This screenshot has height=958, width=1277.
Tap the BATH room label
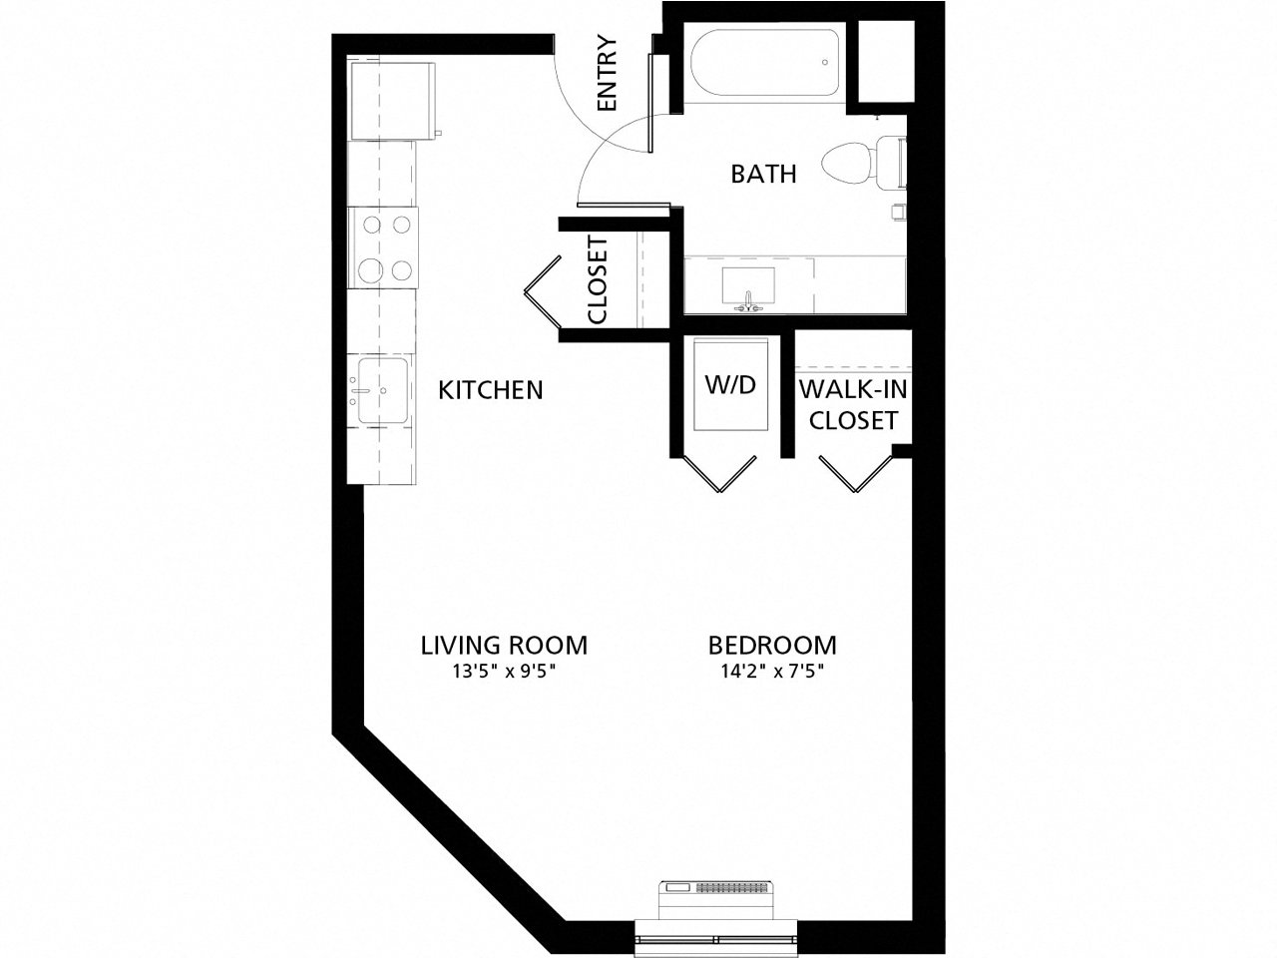(763, 175)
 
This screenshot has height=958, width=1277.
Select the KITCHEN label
(491, 389)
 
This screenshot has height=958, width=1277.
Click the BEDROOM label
(772, 645)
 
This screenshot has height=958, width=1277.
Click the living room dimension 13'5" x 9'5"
(503, 672)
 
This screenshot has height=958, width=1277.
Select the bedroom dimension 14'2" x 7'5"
(772, 672)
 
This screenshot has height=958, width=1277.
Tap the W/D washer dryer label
(731, 385)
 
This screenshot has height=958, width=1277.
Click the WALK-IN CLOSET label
(853, 404)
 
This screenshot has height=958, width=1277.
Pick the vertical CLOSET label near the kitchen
(598, 280)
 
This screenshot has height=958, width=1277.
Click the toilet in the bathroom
(858, 164)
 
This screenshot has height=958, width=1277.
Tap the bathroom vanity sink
(748, 285)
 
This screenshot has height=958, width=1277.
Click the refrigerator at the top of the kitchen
(391, 100)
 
